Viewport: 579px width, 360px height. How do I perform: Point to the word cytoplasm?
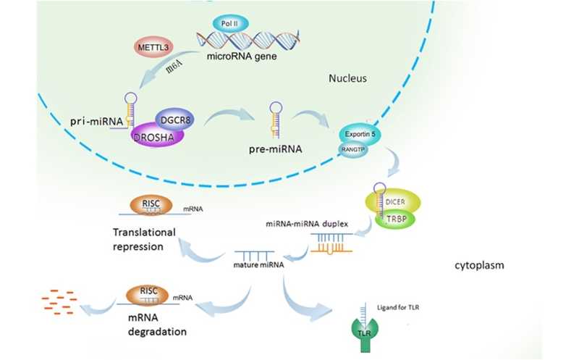[x=480, y=264]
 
